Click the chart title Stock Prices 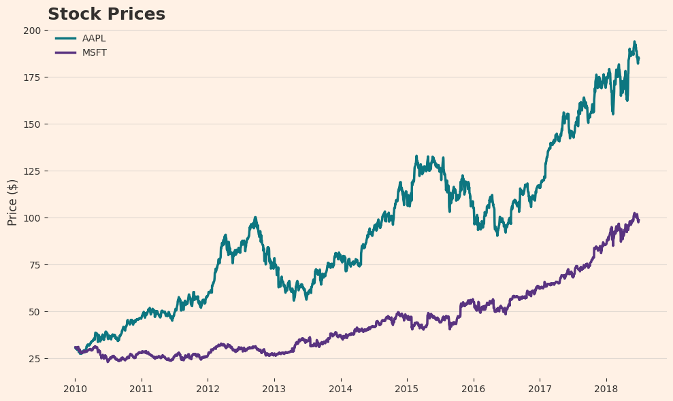[106, 14]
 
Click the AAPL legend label [94, 39]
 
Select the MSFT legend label [95, 53]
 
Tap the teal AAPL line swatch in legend [65, 39]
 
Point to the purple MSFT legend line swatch [65, 53]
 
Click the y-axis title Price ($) [12, 202]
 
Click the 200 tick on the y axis [32, 31]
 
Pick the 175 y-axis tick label [32, 77]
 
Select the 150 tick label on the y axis [32, 124]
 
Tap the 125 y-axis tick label [32, 171]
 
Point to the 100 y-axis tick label [32, 218]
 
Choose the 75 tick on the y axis [35, 265]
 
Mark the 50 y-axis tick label [35, 312]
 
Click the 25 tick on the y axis [35, 359]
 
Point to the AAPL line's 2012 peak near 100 [255, 217]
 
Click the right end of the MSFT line [638, 220]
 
